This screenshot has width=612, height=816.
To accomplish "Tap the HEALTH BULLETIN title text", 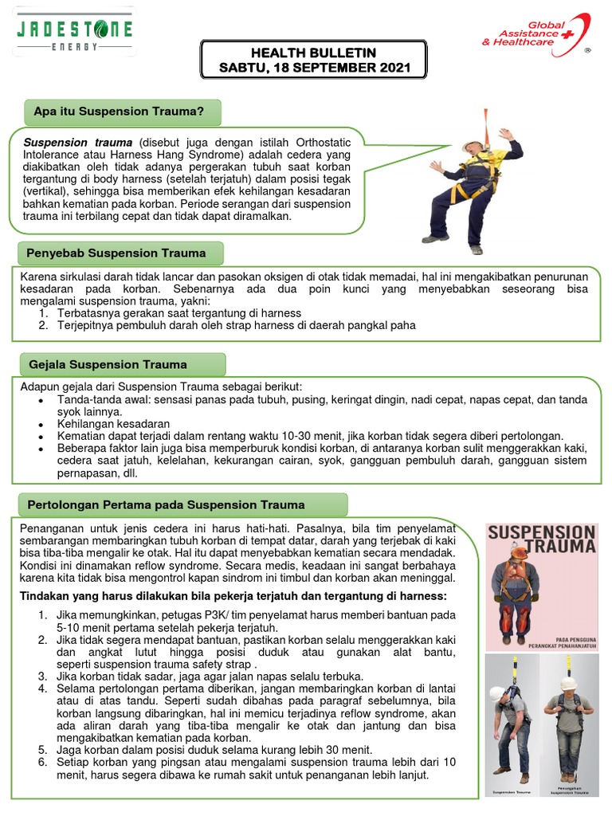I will click(x=315, y=53).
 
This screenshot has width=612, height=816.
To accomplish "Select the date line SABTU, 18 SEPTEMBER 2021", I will click(x=315, y=68).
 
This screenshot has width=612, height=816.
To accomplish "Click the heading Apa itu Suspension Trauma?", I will click(x=120, y=112).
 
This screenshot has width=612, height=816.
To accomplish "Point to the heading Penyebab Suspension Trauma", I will click(x=116, y=253).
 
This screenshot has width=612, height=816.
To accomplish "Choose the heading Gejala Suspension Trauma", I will click(x=108, y=364).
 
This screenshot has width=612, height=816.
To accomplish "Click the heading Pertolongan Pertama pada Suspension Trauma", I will click(x=166, y=504).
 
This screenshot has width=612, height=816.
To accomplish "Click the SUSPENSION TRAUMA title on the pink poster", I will click(x=541, y=539).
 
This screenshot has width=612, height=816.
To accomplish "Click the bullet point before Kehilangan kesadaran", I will click(x=41, y=426).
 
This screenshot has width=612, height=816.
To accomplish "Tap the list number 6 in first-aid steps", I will click(x=42, y=762).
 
